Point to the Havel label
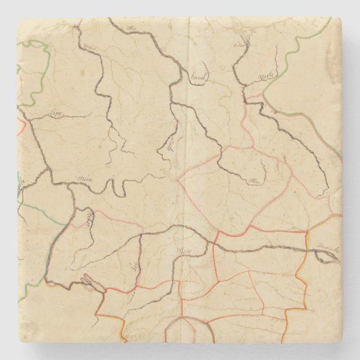198,80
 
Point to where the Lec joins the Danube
140,235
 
